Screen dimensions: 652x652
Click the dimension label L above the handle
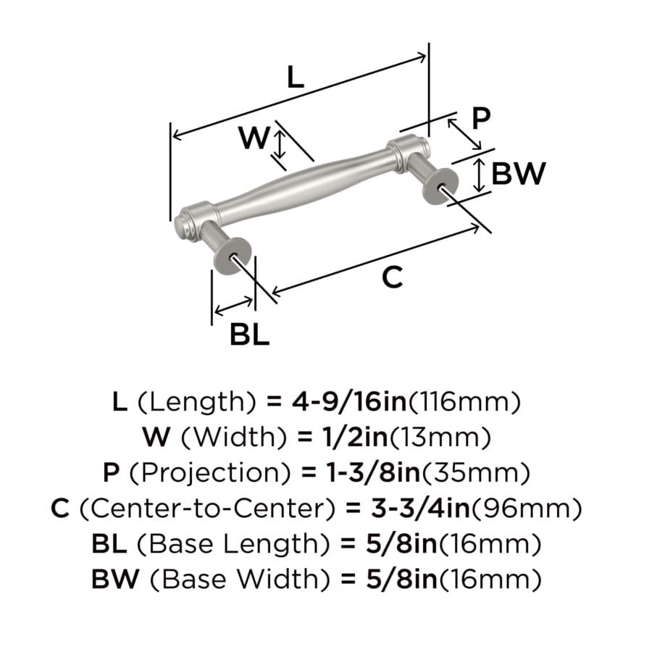click(x=296, y=77)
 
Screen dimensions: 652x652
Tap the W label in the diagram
click(x=254, y=138)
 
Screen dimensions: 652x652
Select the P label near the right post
click(x=481, y=118)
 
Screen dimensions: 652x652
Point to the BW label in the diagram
click(x=519, y=173)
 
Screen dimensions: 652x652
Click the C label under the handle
click(x=393, y=277)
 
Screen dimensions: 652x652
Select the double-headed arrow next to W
click(x=280, y=144)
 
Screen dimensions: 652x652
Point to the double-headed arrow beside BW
click(x=480, y=175)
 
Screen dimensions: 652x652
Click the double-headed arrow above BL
click(x=234, y=306)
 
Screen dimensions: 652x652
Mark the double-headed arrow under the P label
click(x=464, y=134)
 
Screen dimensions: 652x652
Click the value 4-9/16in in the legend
click(x=349, y=401)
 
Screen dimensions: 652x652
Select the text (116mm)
click(x=464, y=402)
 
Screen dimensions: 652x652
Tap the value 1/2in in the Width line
click(x=355, y=437)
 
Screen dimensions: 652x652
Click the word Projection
click(x=209, y=473)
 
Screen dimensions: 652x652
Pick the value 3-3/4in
click(x=420, y=508)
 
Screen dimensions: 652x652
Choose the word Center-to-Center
click(x=206, y=508)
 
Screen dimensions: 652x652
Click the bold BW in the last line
click(x=115, y=579)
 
